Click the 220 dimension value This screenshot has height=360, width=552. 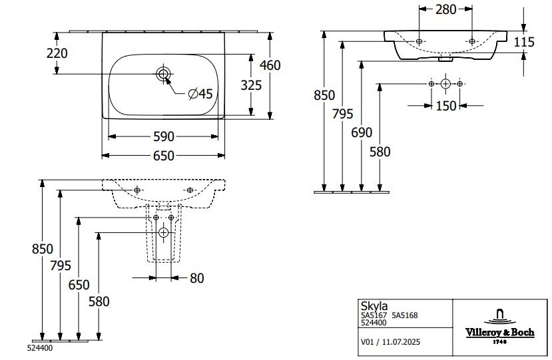tap(58, 52)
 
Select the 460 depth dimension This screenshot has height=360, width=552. tap(271, 65)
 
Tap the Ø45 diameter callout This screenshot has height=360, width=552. tap(200, 94)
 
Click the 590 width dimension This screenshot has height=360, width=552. tap(164, 136)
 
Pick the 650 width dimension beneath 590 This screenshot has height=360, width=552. tap(164, 156)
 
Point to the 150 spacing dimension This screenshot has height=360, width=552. tap(445, 105)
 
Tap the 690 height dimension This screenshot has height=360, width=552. tap(362, 132)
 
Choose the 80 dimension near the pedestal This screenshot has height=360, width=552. tap(196, 278)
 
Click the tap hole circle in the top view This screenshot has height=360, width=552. tap(163, 73)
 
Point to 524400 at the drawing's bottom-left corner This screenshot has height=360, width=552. tap(40, 347)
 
